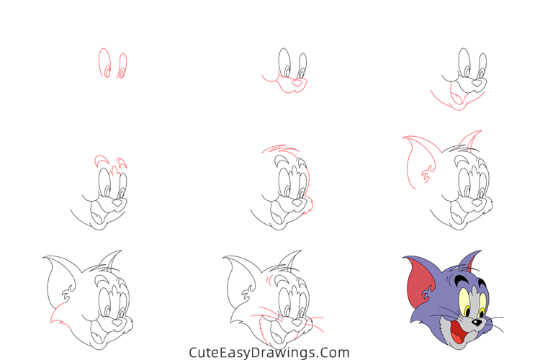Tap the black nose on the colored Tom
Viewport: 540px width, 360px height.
tap(477, 323)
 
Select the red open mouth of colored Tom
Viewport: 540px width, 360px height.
tap(459, 335)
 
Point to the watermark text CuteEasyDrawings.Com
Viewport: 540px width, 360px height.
tap(269, 352)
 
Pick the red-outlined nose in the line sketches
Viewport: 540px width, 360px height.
tap(296, 85)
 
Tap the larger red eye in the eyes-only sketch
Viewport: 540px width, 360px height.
tap(105, 64)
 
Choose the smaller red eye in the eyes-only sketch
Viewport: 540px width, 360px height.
tap(122, 66)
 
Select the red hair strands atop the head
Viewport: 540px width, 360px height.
tap(274, 149)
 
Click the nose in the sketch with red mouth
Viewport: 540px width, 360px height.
tap(476, 84)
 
